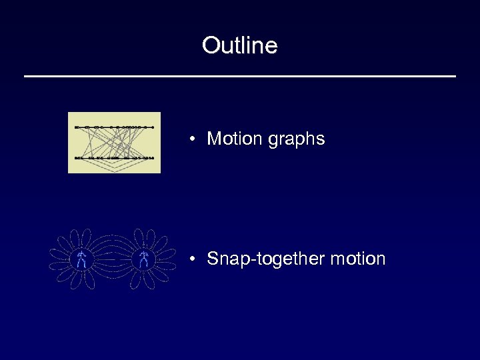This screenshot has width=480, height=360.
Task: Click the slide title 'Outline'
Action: point(240,45)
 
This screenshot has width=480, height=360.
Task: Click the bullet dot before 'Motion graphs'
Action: point(191,139)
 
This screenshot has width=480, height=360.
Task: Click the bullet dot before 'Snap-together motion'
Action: point(191,259)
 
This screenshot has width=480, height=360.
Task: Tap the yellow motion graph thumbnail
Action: point(114,143)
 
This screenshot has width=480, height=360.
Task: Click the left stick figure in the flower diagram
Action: point(81,260)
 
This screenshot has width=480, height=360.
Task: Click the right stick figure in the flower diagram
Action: point(143,260)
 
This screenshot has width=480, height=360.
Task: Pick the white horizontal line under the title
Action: point(240,77)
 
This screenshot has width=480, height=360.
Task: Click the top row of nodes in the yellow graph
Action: point(115,126)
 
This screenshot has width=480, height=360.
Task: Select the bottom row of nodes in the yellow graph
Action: point(115,158)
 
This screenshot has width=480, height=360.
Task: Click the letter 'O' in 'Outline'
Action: point(210,45)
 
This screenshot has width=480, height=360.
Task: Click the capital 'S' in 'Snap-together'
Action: point(213,259)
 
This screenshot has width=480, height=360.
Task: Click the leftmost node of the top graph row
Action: point(77,126)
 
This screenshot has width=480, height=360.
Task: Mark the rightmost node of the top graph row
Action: point(153,126)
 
